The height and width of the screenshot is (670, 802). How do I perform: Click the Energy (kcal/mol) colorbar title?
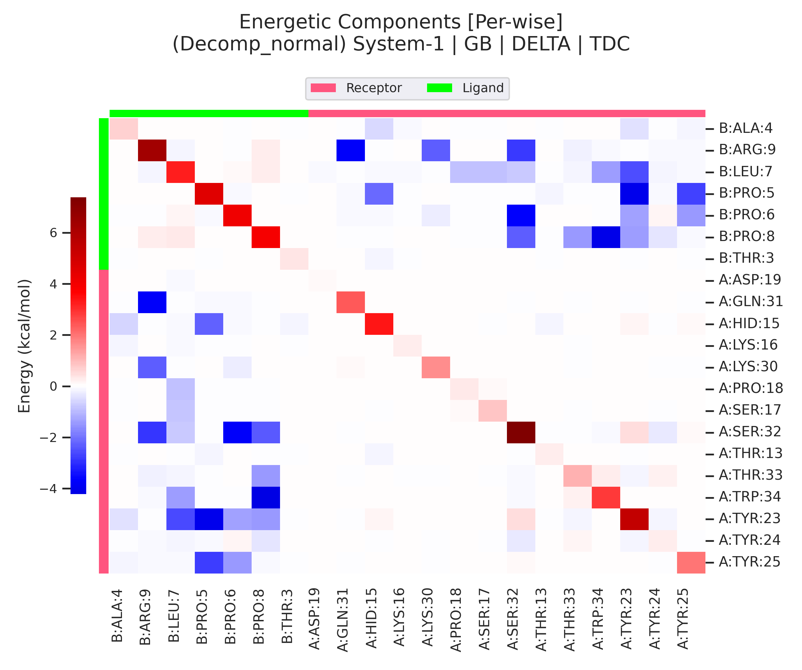point(24,346)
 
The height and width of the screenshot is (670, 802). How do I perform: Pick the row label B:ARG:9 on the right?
point(747,150)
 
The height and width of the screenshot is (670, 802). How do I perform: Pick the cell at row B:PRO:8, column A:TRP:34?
point(606,237)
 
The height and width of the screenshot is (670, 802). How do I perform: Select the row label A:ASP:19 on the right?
point(750,280)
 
